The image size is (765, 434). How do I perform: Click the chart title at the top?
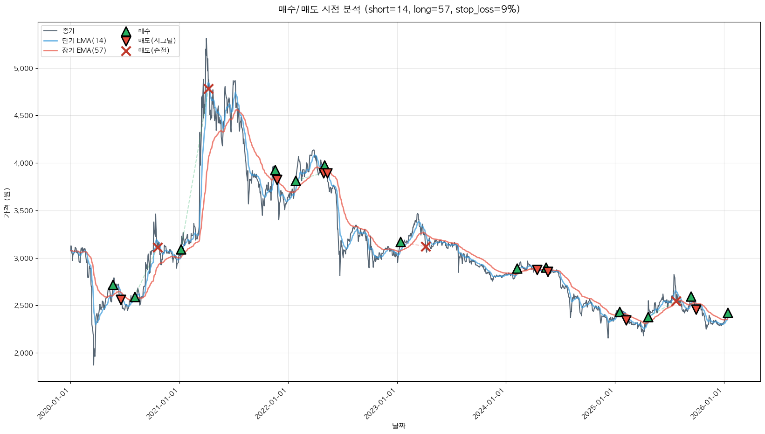click(399, 9)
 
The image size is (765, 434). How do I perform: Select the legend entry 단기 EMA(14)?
click(84, 41)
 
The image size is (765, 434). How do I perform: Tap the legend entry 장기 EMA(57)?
click(84, 50)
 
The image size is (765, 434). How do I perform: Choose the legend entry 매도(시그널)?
click(157, 41)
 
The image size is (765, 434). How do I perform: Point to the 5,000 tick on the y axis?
click(23, 69)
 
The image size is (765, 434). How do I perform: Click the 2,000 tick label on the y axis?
click(23, 353)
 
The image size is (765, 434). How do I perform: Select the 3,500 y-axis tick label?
click(23, 211)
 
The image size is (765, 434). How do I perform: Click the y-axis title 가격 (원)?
click(7, 203)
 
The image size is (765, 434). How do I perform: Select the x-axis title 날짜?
click(399, 426)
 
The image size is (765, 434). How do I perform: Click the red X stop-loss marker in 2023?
click(426, 246)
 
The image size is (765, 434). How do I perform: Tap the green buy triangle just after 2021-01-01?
click(181, 250)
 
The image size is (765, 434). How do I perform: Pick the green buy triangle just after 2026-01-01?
click(728, 313)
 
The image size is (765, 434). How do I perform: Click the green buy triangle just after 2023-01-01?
click(400, 242)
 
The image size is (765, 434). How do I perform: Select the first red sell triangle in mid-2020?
click(121, 299)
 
